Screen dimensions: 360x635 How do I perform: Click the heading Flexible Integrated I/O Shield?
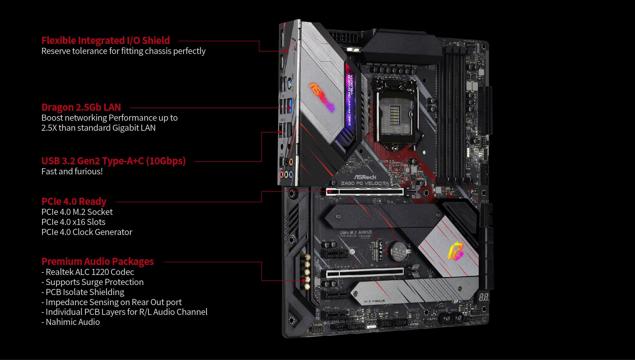(105, 41)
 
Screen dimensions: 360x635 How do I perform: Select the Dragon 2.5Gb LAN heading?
(81, 107)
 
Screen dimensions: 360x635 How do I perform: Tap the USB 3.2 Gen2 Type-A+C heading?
(113, 161)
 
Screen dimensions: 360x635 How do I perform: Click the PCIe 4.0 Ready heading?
(74, 201)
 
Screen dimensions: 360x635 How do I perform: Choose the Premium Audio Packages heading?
(98, 262)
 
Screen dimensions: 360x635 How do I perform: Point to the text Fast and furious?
(72, 172)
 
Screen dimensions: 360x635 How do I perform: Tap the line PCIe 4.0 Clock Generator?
(87, 232)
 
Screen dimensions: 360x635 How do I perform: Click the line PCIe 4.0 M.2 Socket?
(77, 212)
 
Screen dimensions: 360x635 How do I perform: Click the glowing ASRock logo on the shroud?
(322, 97)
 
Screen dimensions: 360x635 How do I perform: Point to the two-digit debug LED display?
(484, 297)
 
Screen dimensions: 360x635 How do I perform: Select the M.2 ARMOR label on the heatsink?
(374, 301)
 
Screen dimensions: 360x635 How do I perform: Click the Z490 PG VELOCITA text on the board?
(365, 183)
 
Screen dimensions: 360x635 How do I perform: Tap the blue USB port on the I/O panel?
(289, 105)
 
